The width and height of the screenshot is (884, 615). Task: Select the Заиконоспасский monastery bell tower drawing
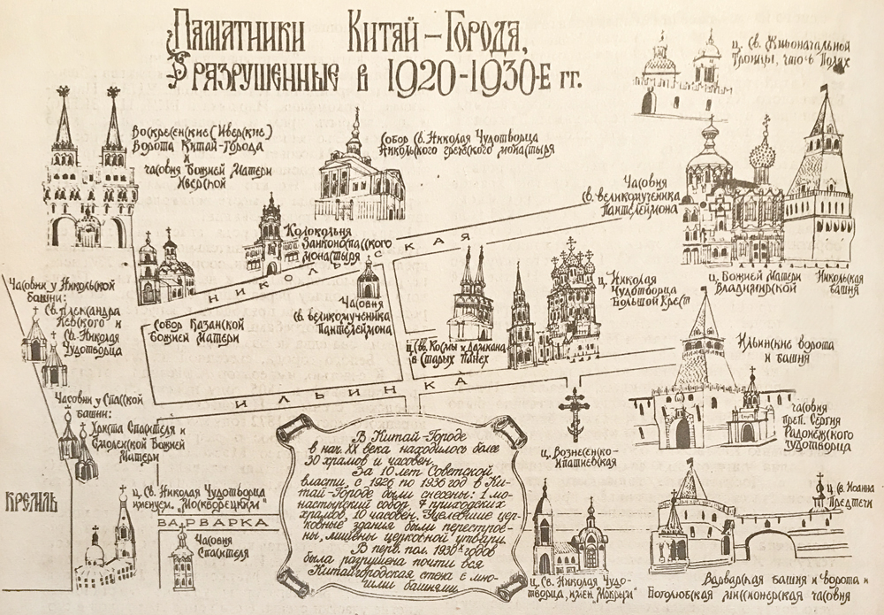point(270,236)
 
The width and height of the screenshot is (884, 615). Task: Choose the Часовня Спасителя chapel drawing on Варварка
point(183,554)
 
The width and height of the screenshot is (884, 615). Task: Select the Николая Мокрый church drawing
point(566,540)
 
